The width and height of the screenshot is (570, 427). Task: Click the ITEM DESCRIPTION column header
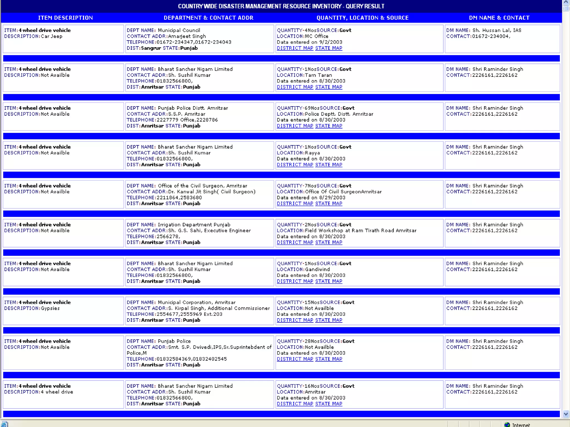pos(65,18)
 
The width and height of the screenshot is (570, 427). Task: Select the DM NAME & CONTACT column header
pos(499,18)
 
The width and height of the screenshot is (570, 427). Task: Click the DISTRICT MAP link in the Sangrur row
pos(295,48)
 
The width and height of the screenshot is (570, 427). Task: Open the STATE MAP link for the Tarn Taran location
pos(329,87)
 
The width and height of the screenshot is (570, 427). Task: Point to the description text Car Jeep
pos(51,36)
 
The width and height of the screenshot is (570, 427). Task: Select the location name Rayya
pos(312,153)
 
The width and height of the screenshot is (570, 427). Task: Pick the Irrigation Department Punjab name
pos(194,225)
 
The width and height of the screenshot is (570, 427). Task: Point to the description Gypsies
pos(50,308)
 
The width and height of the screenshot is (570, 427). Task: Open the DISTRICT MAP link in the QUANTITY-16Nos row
pos(295,404)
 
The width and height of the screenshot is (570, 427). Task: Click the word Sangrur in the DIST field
pos(151,48)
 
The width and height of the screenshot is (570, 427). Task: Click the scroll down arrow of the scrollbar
pos(566,414)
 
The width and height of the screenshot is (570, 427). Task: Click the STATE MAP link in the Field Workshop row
pos(329,242)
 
